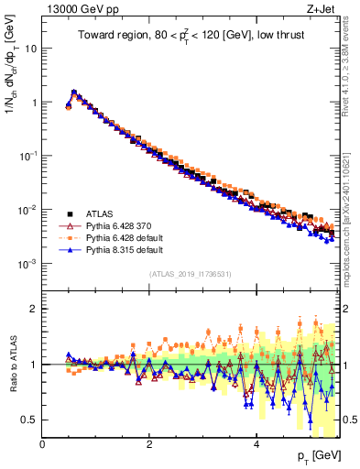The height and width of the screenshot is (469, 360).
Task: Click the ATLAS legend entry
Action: click(99, 212)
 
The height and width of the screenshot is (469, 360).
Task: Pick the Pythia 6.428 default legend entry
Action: click(119, 236)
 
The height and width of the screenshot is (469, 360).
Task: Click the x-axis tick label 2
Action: click(149, 443)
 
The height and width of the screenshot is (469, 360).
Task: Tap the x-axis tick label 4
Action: click(256, 443)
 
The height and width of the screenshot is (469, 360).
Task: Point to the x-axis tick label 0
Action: click(42, 443)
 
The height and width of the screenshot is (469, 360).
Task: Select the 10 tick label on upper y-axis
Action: click(30, 49)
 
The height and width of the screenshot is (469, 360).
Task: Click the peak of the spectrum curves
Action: click(74, 92)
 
